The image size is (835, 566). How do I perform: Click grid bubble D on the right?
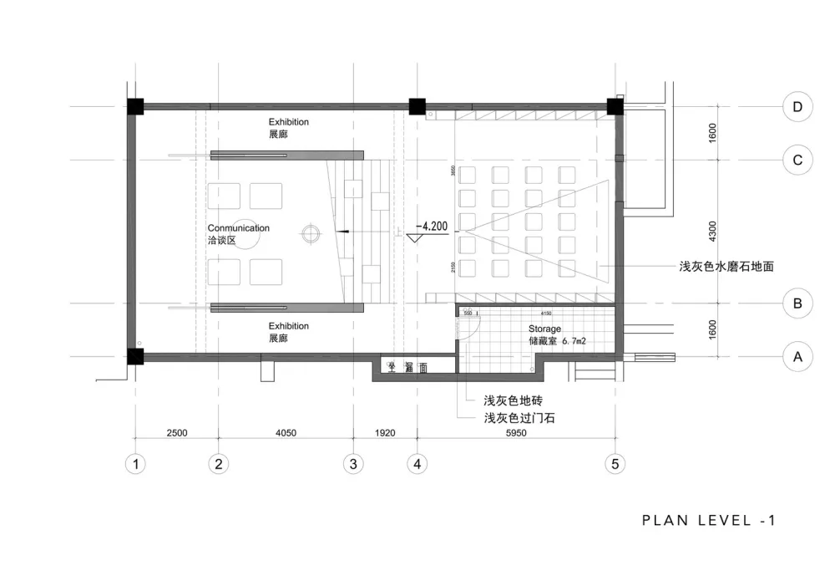point(797,107)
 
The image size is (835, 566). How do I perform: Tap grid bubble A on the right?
point(797,358)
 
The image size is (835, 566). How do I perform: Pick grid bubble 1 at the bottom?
point(135,463)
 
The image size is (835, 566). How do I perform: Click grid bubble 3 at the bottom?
point(353,463)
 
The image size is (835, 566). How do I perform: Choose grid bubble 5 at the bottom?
point(615,463)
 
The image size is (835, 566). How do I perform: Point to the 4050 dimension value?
point(285,433)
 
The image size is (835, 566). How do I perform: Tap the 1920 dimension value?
point(385,433)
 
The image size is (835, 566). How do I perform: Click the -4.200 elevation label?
point(434,226)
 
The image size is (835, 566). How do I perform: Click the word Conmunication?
point(238,227)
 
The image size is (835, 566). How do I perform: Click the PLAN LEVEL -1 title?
point(709,520)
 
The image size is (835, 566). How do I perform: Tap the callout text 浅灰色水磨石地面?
point(726,267)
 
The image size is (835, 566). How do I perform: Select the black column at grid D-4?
point(417,107)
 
